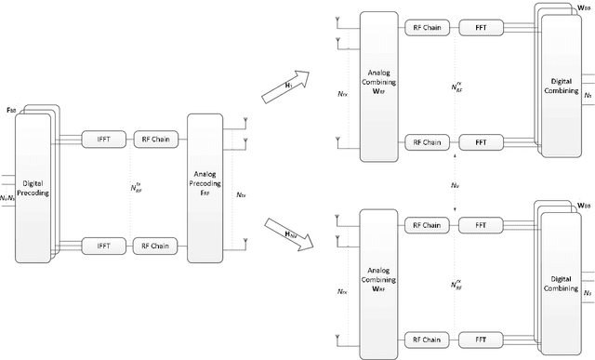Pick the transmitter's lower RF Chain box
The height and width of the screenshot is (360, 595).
152,246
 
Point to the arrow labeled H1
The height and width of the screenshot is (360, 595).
298,83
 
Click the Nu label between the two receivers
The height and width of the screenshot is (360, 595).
454,186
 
